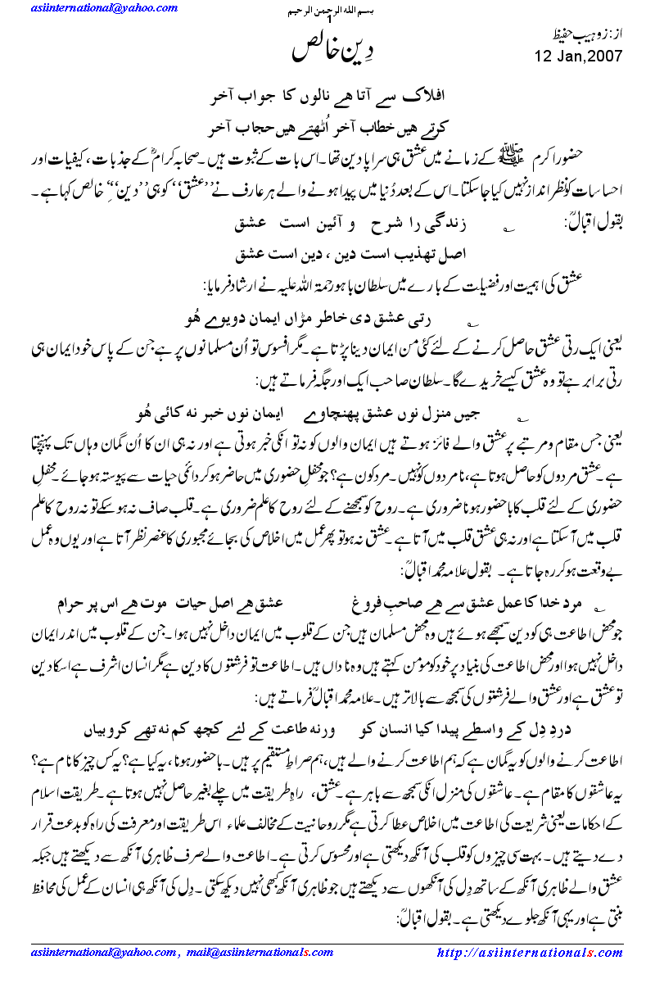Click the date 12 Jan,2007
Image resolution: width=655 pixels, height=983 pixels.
click(579, 57)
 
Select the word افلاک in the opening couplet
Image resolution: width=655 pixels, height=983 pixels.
click(435, 96)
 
